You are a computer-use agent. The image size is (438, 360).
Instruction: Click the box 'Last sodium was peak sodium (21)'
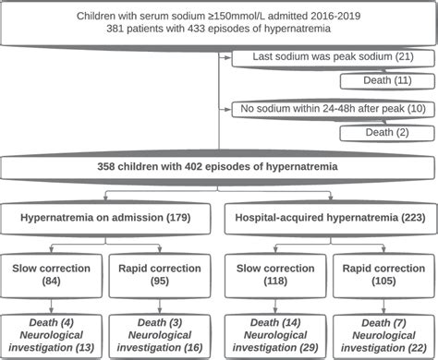point(328,58)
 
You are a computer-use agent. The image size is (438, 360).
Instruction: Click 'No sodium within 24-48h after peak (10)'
point(328,108)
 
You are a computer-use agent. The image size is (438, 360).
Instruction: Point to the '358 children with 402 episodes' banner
point(218,168)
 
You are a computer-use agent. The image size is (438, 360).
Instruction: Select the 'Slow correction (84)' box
point(54,272)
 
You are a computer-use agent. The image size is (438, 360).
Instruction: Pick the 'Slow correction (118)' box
point(273,272)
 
